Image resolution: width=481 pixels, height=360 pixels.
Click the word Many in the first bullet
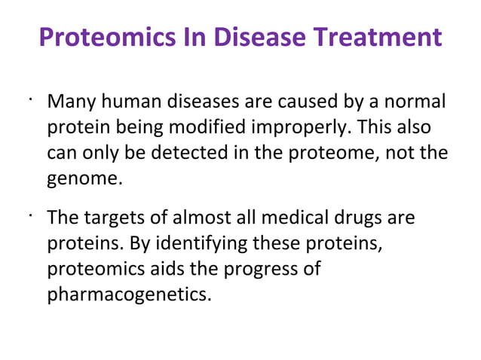[67, 102]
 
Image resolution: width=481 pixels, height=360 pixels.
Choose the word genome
[83, 178]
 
